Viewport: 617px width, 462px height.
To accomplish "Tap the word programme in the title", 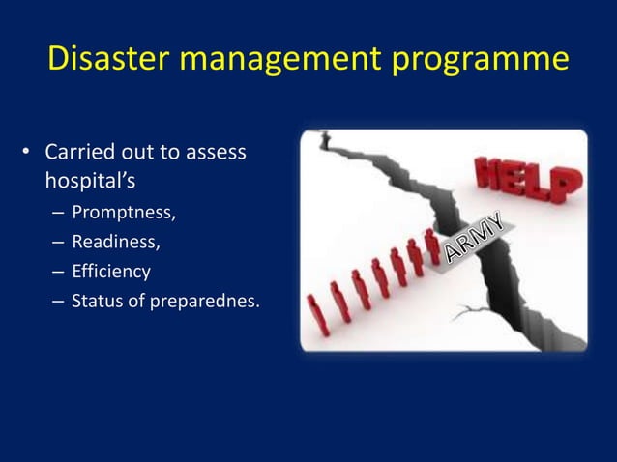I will pyautogui.click(x=485, y=59).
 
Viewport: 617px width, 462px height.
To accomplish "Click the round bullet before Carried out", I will pyautogui.click(x=27, y=153).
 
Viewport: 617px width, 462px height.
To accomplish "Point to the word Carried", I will pyautogui.click(x=80, y=152).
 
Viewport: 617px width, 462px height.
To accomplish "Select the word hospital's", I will pyautogui.click(x=90, y=180).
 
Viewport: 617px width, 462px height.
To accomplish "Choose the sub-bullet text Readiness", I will pyautogui.click(x=117, y=241).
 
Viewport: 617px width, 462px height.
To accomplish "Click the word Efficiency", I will pyautogui.click(x=111, y=271).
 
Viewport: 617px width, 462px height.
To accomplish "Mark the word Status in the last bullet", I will pyautogui.click(x=98, y=301).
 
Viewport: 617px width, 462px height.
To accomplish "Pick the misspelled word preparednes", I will pyautogui.click(x=204, y=302).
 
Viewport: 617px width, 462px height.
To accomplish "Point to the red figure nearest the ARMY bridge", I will pyautogui.click(x=431, y=246).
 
